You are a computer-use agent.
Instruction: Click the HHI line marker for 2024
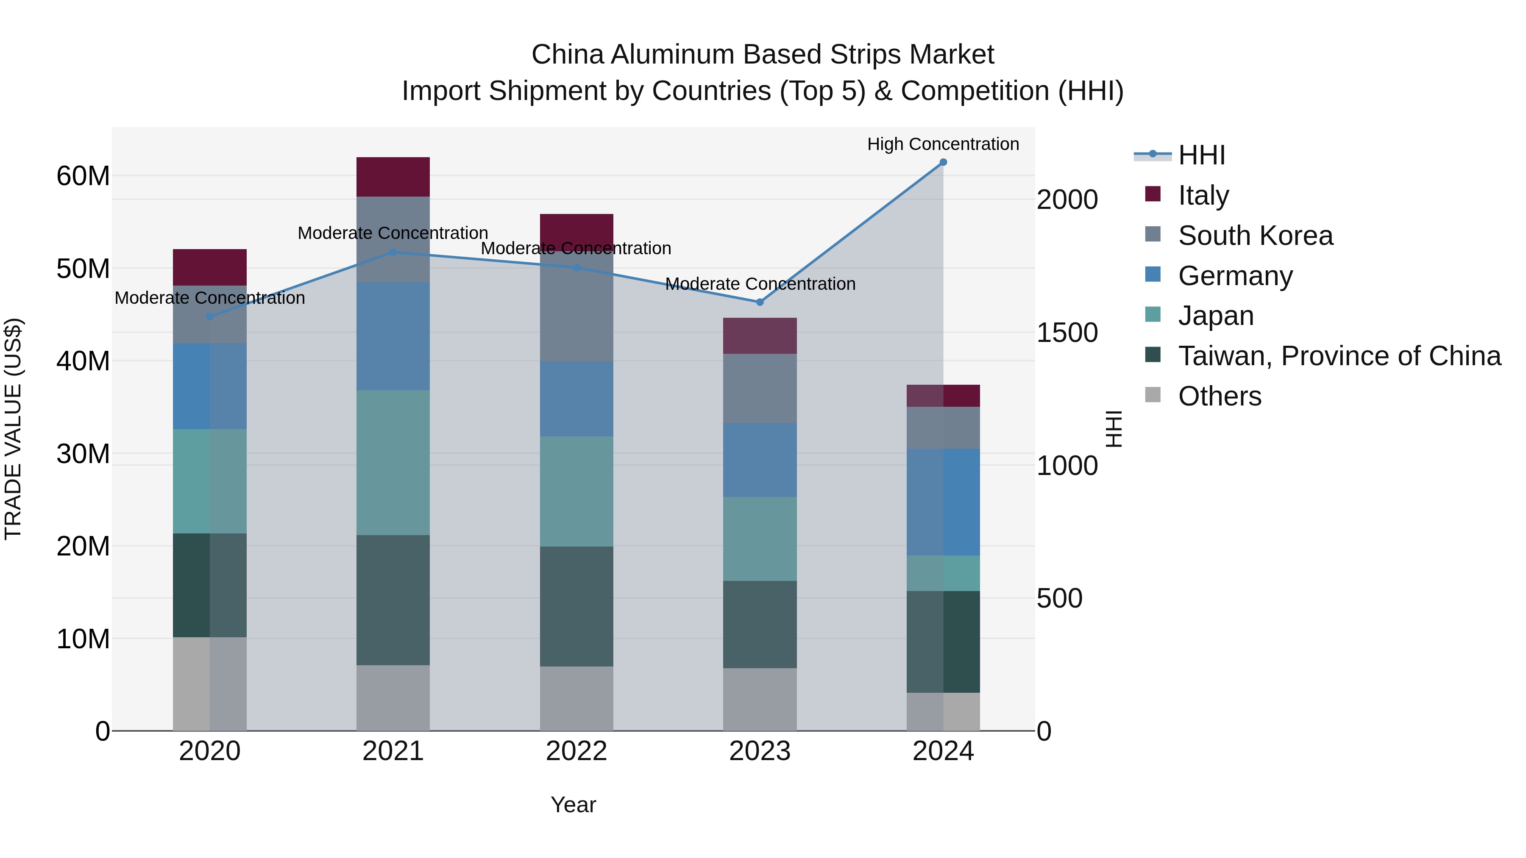943,162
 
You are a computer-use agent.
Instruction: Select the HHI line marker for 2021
393,252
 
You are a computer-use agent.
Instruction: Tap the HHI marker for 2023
760,303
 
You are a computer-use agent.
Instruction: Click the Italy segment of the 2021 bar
393,176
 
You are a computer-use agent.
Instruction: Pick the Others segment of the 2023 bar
760,699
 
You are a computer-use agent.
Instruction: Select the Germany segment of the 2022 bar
576,399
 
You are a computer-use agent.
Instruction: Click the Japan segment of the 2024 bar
943,573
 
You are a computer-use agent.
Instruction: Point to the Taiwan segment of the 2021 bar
393,600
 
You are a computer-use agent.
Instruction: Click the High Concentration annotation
943,144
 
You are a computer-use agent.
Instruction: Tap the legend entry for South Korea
1255,236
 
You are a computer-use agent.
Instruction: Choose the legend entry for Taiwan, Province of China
1339,356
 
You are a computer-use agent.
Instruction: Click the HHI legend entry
1201,155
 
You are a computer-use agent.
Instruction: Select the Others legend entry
1219,396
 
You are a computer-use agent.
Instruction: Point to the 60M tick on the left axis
83,176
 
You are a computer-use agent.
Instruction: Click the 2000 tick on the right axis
1067,200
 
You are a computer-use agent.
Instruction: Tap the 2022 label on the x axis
576,751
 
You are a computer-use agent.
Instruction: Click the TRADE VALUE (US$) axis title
13,429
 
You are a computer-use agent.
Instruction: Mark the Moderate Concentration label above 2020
210,298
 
